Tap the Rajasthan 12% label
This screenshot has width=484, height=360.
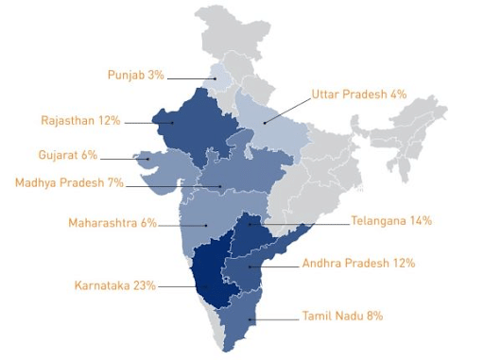80,121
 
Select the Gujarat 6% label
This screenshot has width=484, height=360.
67,155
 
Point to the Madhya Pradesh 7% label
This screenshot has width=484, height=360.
69,182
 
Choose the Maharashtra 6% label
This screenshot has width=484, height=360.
112,223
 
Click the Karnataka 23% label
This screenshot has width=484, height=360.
115,284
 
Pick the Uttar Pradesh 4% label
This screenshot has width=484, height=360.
358,94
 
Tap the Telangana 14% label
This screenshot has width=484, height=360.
390,221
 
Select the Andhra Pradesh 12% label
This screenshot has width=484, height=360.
358,263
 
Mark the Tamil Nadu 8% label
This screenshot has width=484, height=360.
342,316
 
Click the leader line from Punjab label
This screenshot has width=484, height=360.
193,77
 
